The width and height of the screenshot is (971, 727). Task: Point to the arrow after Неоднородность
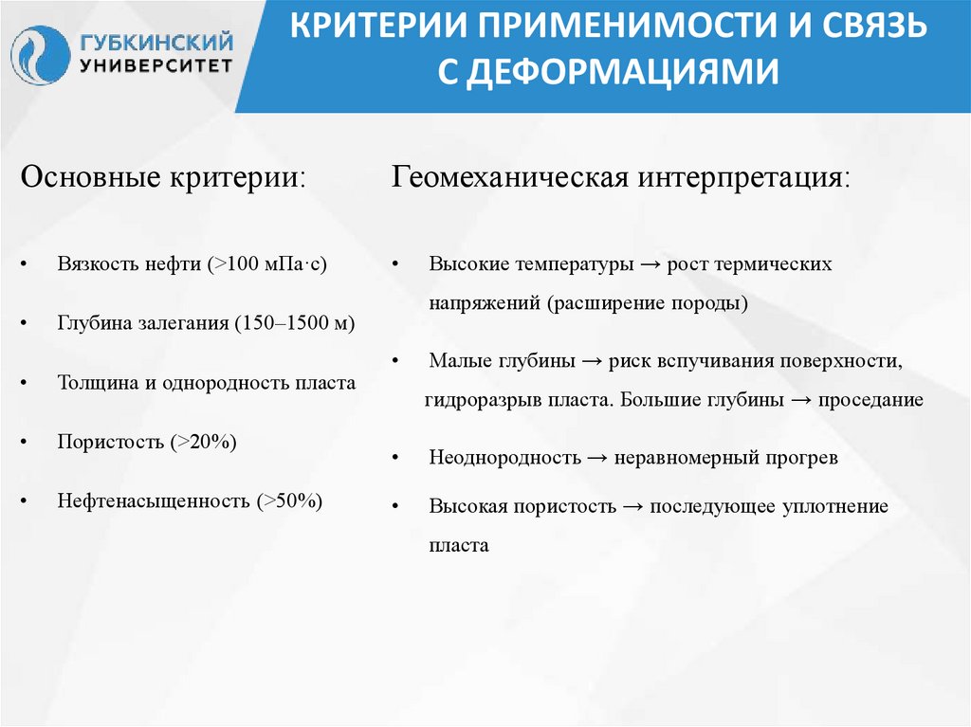(x=597, y=458)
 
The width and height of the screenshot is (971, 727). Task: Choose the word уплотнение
(x=834, y=506)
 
